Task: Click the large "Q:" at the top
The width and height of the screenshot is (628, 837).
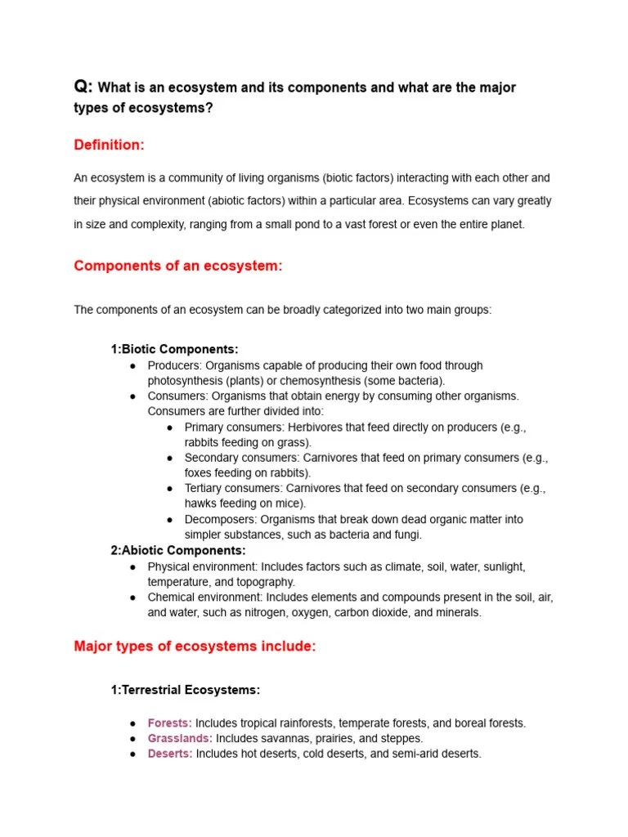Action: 83,87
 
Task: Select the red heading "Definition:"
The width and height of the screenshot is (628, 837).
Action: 109,145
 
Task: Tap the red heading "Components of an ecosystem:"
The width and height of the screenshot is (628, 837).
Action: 177,266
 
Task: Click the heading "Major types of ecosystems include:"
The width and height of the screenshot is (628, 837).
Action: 195,647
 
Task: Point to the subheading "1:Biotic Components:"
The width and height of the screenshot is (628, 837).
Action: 174,349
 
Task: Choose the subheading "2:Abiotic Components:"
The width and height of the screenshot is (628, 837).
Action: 177,550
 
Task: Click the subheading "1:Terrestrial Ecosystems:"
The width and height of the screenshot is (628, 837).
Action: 185,690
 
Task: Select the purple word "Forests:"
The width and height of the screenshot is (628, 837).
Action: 169,723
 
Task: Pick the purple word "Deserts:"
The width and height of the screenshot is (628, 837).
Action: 170,754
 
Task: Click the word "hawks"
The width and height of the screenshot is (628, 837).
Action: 200,504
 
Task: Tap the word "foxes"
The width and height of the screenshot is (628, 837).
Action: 199,472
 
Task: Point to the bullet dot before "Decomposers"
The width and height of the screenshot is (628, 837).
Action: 169,520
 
